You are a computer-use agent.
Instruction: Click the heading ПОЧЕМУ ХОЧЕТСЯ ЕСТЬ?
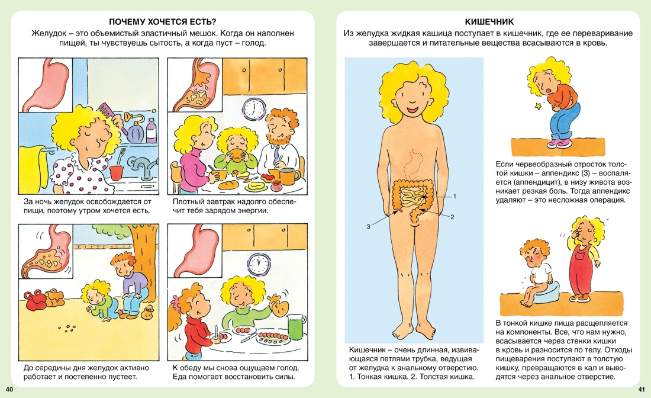click(x=163, y=22)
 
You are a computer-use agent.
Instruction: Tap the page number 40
click(x=9, y=389)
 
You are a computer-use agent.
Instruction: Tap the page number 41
click(x=642, y=389)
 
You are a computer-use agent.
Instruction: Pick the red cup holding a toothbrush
click(x=116, y=171)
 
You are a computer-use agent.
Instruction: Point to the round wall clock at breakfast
click(x=254, y=109)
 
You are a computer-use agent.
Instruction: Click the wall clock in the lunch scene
click(x=259, y=264)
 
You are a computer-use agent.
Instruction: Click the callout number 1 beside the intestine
click(x=455, y=196)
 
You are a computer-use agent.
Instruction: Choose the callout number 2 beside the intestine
click(x=452, y=216)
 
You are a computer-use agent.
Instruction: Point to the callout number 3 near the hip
click(x=368, y=226)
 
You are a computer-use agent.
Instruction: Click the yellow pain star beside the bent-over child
click(x=539, y=106)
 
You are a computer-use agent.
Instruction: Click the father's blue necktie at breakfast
click(x=276, y=155)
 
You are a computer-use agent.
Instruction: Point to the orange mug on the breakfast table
click(x=291, y=176)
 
